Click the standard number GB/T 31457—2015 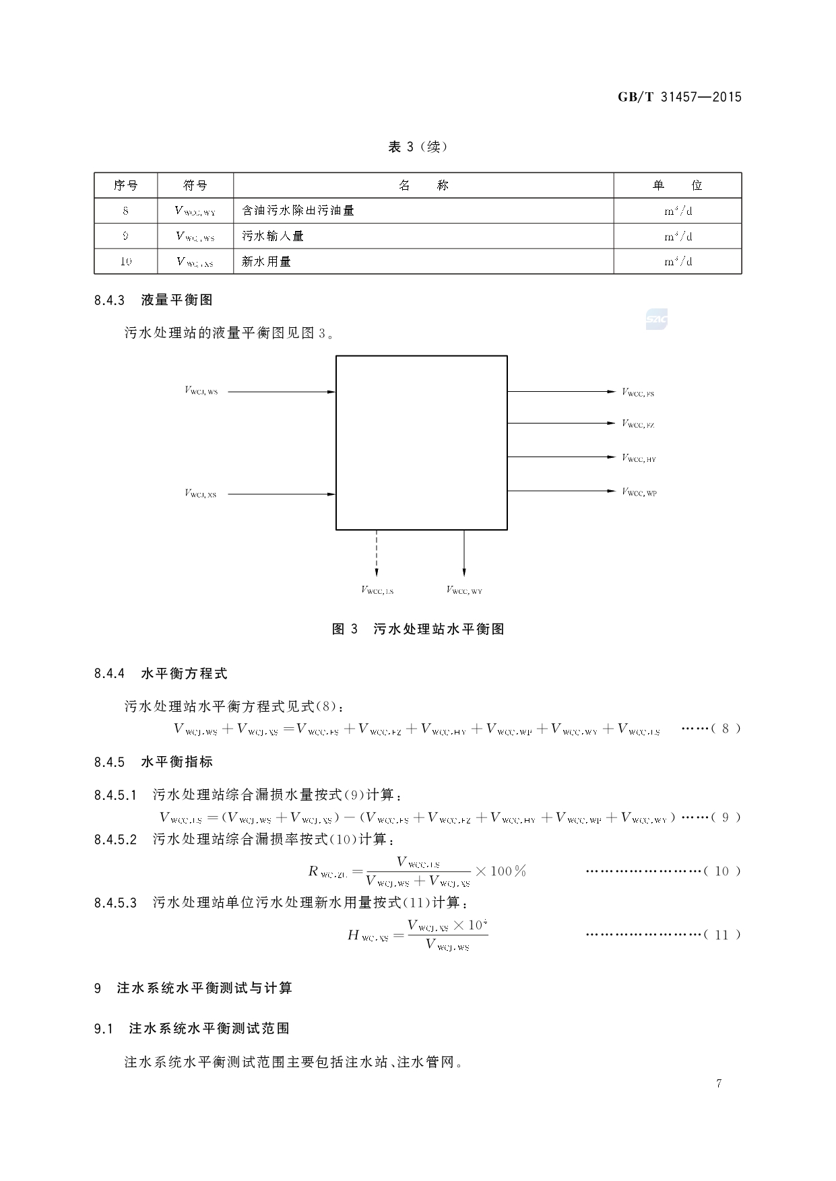pyautogui.click(x=679, y=97)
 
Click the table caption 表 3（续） pyautogui.click(x=418, y=147)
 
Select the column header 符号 pyautogui.click(x=195, y=185)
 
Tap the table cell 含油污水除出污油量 pyautogui.click(x=298, y=211)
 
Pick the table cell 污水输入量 pyautogui.click(x=273, y=236)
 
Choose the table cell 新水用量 pyautogui.click(x=266, y=261)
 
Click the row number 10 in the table pyautogui.click(x=126, y=261)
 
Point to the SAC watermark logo pyautogui.click(x=656, y=320)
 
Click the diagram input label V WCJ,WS pyautogui.click(x=201, y=391)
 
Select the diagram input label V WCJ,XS pyautogui.click(x=201, y=494)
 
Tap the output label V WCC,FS pyautogui.click(x=638, y=393)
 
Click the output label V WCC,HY pyautogui.click(x=639, y=459)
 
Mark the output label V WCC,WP pyautogui.click(x=639, y=492)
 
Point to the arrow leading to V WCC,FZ pyautogui.click(x=562, y=424)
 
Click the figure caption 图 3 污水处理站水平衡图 pyautogui.click(x=418, y=629)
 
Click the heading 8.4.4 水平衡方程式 pyautogui.click(x=161, y=673)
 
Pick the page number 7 pyautogui.click(x=719, y=1083)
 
